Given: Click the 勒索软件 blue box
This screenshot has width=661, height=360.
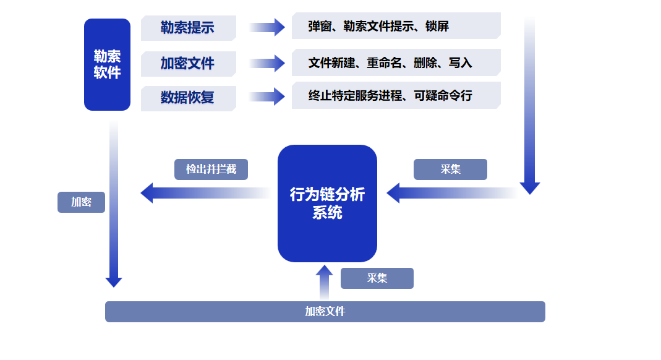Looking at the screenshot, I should [107, 65].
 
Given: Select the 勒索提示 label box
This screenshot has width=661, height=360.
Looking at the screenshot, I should [188, 28].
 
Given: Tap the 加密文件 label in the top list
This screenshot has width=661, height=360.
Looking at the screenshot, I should [188, 63].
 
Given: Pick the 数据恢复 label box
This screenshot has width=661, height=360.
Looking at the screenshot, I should [188, 98].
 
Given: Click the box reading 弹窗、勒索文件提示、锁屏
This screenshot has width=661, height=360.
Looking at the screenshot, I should [396, 26].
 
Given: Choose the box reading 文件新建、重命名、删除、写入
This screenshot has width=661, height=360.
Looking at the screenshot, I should [396, 62].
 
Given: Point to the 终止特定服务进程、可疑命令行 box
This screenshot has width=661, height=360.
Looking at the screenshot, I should [396, 96].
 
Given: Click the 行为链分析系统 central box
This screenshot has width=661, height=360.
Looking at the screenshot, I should [327, 204].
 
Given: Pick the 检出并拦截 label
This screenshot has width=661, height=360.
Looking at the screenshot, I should [211, 169].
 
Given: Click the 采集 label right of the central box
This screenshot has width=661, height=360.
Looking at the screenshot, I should [450, 169].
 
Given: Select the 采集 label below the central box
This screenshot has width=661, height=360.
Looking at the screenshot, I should [377, 278].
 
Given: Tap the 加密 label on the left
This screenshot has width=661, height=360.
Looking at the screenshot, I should [81, 202].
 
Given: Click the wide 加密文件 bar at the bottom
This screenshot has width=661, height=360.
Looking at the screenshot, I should [325, 312].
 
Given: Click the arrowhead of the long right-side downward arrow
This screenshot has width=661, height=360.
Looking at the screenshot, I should [530, 188].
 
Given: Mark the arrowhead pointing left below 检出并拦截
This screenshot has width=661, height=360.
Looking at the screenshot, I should [147, 193].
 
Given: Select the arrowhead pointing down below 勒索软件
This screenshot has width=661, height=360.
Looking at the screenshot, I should [114, 282].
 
